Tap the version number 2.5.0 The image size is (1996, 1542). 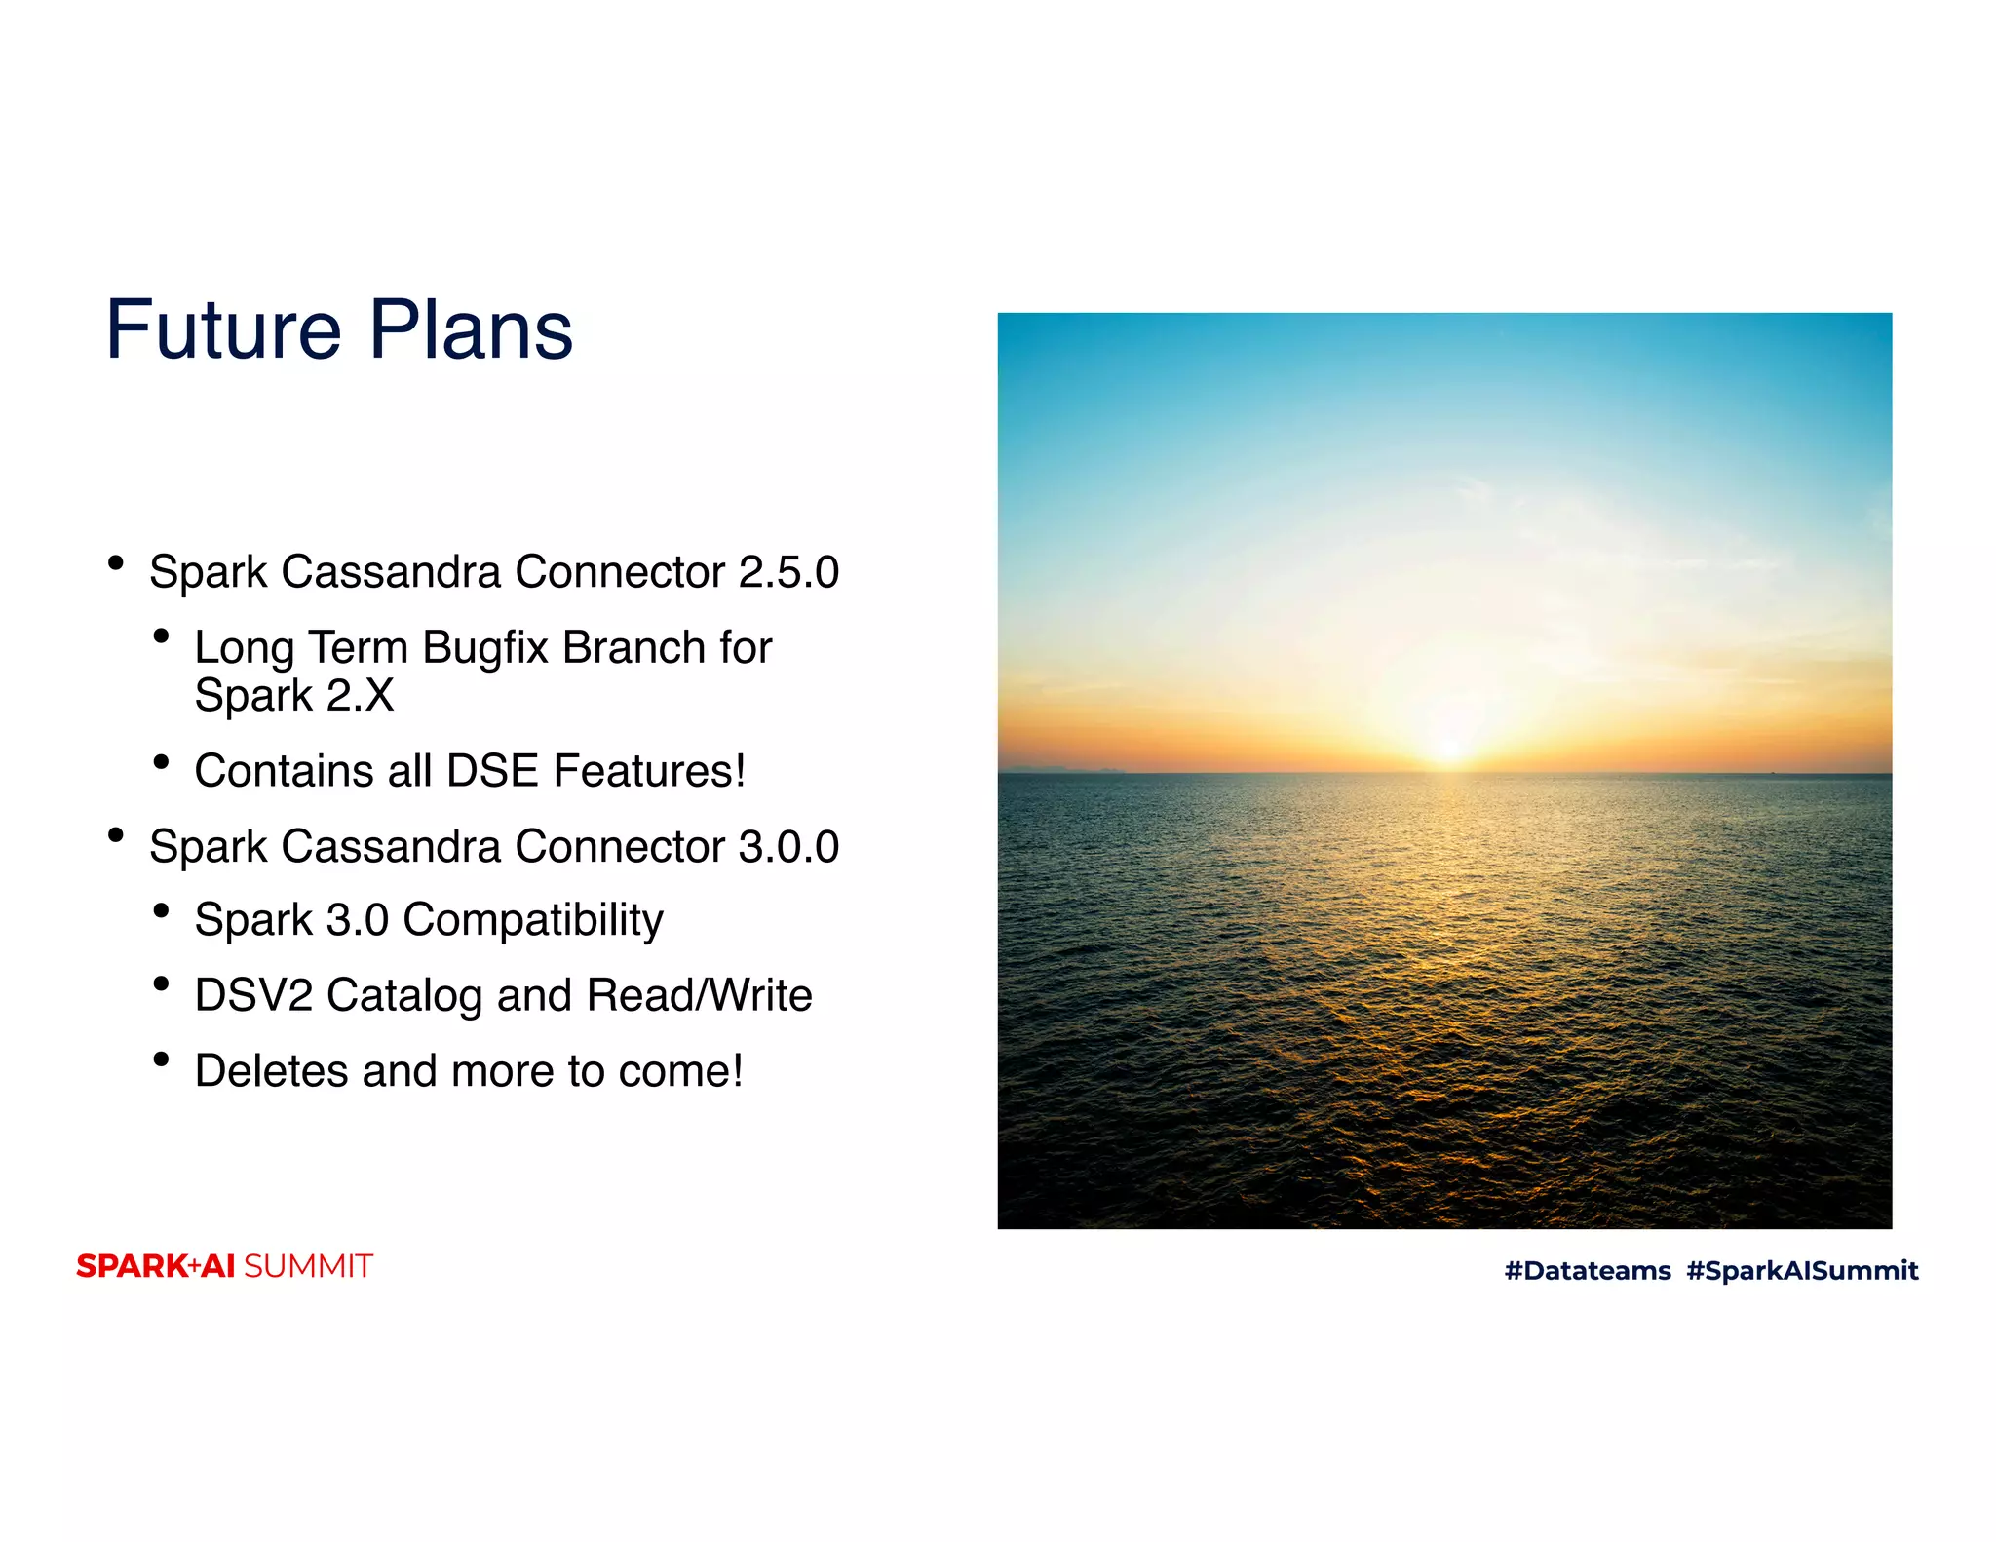tap(788, 572)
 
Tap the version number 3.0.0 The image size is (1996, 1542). tap(788, 846)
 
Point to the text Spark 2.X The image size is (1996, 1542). tap(293, 696)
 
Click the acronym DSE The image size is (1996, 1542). tap(492, 771)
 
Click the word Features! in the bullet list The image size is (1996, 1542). tap(649, 771)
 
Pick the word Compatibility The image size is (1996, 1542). tap(533, 920)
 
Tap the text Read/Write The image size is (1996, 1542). tap(699, 995)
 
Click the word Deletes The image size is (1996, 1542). tap(272, 1071)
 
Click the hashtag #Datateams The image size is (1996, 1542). tap(1588, 1271)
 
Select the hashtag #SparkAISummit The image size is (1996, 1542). tap(1802, 1271)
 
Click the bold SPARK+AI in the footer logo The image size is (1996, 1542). tap(155, 1266)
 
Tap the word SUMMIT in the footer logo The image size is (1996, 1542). tap(308, 1266)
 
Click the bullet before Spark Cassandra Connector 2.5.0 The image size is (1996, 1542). tap(116, 562)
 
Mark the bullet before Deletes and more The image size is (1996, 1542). tap(162, 1060)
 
